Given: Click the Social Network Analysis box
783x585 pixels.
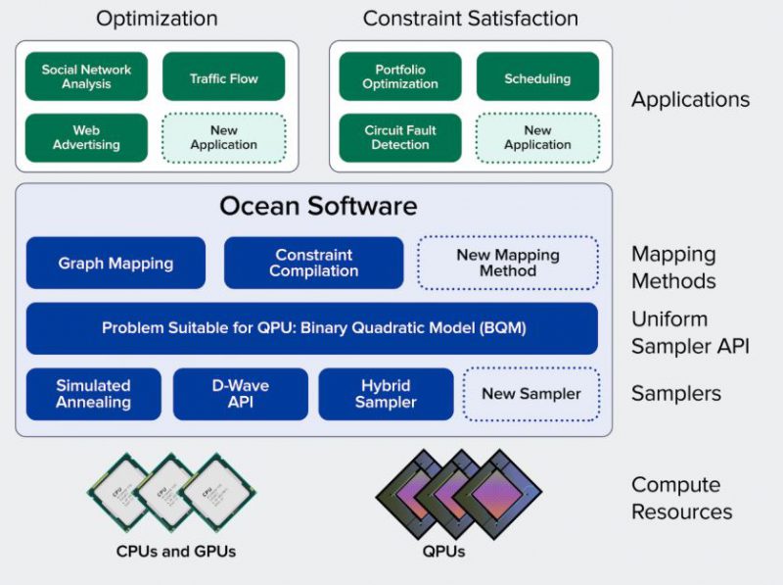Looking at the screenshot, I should (86, 77).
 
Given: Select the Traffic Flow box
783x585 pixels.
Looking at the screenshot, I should (224, 77).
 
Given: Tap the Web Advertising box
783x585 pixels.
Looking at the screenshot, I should (86, 138).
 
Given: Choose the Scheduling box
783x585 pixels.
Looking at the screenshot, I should (537, 77).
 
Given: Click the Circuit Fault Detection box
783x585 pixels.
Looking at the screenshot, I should (399, 138).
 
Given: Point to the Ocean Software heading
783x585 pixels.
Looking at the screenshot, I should (318, 207).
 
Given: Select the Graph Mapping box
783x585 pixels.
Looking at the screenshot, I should (115, 263).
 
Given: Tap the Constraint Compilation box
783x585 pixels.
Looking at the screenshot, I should (313, 263).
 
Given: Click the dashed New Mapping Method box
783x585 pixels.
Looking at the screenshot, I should (508, 263).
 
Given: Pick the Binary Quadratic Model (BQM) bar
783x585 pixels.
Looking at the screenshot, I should (313, 328).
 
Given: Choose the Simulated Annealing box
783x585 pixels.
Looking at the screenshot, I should (94, 394).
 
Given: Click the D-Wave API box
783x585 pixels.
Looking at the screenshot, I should (241, 394).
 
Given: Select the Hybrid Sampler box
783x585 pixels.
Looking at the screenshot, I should (386, 394).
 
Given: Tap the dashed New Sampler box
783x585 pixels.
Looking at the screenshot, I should (530, 394).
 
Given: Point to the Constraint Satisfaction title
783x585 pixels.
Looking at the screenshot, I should (470, 19).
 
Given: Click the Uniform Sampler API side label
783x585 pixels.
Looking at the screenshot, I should (690, 333).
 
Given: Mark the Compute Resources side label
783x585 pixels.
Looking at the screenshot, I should (681, 498).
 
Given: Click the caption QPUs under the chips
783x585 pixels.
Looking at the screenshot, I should (446, 552).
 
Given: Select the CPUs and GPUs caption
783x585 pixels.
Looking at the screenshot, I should (176, 552).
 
